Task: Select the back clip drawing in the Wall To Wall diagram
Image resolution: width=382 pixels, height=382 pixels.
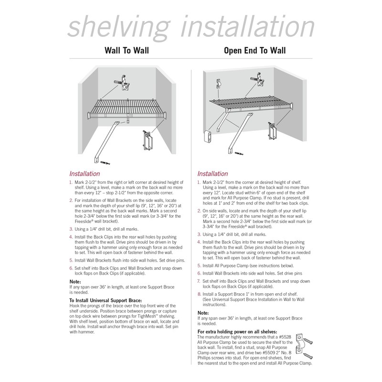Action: (x=125, y=82)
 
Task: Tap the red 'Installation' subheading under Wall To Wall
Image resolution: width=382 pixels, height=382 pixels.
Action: (x=85, y=174)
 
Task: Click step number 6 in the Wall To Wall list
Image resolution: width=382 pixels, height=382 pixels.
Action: (x=71, y=268)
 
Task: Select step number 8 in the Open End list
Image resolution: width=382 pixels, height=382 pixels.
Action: (x=199, y=295)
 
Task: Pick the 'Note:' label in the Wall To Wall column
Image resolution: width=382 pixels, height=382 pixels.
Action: (x=75, y=282)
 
